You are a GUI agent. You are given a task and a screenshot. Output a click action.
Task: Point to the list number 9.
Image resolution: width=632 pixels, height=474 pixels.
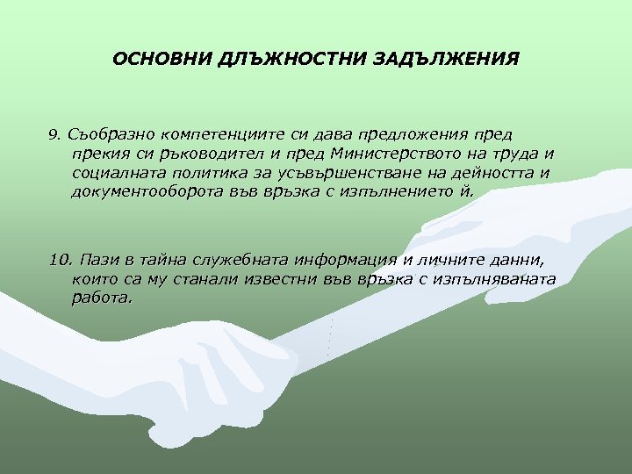pyautogui.click(x=54, y=135)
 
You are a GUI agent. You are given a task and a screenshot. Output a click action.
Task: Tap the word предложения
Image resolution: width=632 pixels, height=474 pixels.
pyautogui.click(x=401, y=134)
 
